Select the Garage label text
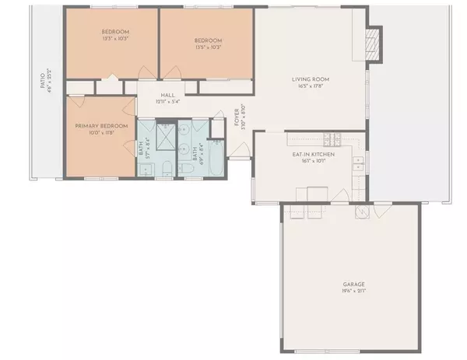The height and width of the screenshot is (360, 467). click(x=353, y=285)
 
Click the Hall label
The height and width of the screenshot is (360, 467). click(x=166, y=93)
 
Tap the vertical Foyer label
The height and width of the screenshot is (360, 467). click(x=237, y=117)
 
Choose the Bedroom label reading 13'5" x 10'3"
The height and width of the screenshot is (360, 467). click(x=208, y=41)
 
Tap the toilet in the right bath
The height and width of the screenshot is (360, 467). click(x=188, y=167)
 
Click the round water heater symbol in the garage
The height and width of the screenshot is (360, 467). click(x=363, y=211)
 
